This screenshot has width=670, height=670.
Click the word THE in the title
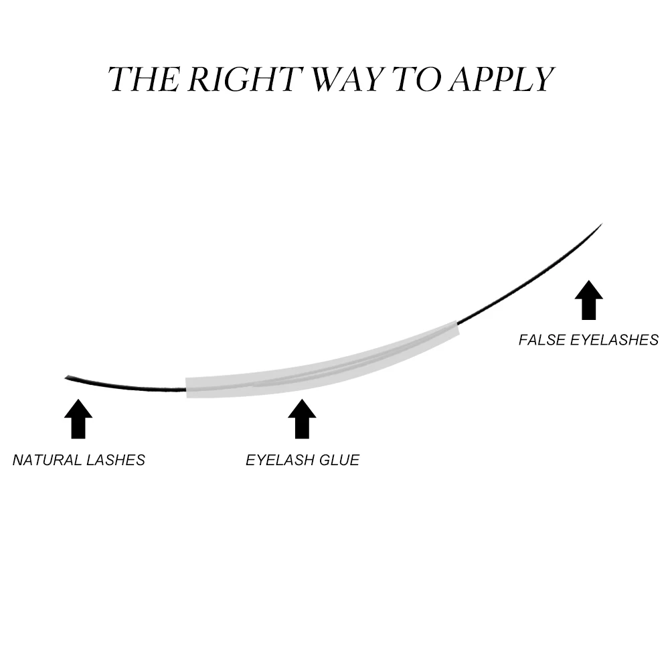[x=143, y=79]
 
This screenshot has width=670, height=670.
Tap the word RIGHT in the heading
[x=242, y=79]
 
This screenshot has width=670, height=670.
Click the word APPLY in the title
[x=501, y=79]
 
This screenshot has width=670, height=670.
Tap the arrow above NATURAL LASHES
[x=78, y=419]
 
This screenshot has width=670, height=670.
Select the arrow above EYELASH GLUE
[x=302, y=419]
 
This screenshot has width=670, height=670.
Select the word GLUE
[x=338, y=460]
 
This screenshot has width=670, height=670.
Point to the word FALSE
[x=541, y=340]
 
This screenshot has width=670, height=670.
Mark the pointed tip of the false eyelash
[x=602, y=224]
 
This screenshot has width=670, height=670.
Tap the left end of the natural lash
[x=66, y=379]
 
